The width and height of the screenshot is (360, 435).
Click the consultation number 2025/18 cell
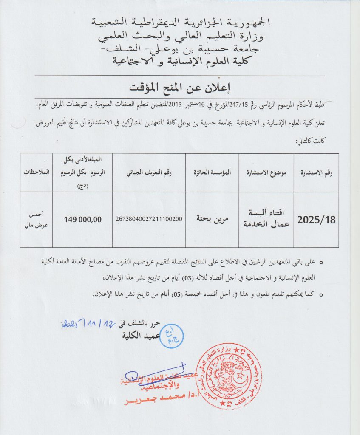(x=316, y=220)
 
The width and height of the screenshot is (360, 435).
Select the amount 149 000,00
(x=83, y=219)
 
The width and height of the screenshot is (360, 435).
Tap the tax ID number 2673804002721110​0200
(x=149, y=219)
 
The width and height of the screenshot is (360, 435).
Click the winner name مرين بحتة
(x=212, y=219)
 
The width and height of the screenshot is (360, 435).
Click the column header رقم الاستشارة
(x=316, y=173)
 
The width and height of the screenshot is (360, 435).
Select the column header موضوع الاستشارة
(x=266, y=173)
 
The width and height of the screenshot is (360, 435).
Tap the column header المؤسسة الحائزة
(x=212, y=173)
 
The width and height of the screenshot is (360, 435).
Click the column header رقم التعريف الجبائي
(x=148, y=173)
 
